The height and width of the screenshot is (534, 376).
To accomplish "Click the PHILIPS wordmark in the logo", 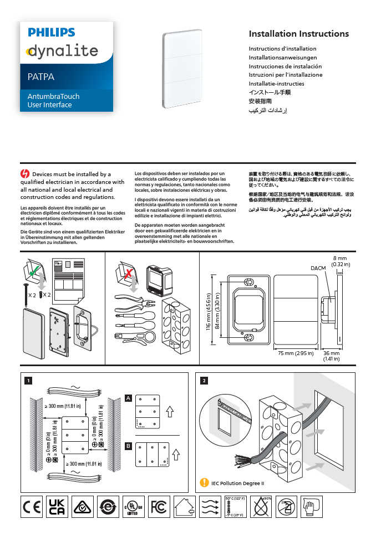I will [x=52, y=33].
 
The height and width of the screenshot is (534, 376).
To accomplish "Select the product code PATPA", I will [x=41, y=77].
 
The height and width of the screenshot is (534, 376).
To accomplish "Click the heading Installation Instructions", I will [x=298, y=34].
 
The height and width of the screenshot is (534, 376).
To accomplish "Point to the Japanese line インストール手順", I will [x=270, y=92].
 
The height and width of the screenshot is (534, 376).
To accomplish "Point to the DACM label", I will [x=318, y=268].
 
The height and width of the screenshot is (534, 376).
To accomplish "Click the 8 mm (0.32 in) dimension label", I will [x=339, y=261].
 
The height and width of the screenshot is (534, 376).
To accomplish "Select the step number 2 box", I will [x=205, y=381].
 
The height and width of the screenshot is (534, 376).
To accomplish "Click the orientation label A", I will [x=128, y=398].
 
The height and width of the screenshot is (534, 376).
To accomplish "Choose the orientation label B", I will [x=128, y=446].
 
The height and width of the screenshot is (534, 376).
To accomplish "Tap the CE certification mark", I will [x=31, y=506].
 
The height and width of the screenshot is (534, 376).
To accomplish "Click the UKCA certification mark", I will [x=57, y=506].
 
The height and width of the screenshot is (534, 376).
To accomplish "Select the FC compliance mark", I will [x=159, y=506].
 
